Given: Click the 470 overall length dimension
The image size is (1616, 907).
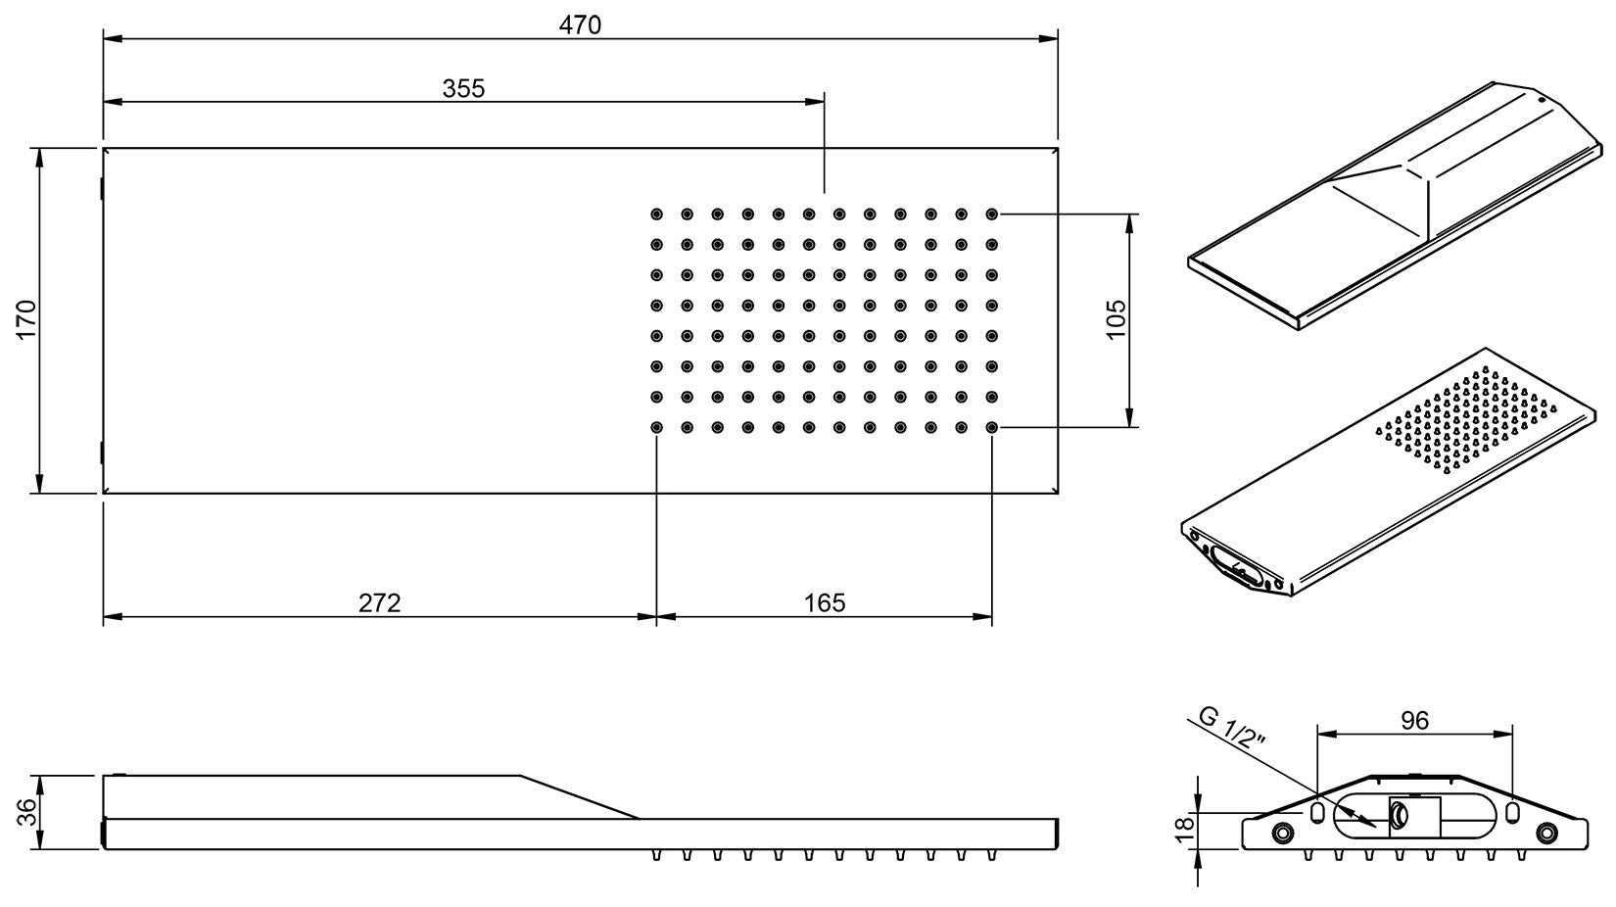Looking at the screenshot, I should coord(580,24).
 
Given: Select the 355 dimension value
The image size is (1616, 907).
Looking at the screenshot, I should coord(463,88).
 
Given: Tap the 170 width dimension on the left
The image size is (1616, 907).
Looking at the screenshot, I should coord(25,319).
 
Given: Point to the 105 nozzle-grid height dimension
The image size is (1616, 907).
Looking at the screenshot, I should coord(1116,319).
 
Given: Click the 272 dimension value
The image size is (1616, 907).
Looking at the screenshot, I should coord(379,602).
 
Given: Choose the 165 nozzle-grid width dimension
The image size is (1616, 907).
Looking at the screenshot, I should coord(825,602).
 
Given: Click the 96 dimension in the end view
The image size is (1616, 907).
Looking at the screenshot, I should coord(1414,721).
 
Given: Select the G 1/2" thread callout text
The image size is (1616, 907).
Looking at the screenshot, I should coord(1232,731).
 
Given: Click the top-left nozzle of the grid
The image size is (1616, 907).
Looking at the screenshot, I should coord(656,214).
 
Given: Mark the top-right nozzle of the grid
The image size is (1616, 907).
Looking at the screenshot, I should coord(992,214).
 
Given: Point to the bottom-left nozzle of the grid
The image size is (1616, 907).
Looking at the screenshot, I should coord(656,427).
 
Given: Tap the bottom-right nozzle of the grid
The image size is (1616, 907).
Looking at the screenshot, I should coord(992,427).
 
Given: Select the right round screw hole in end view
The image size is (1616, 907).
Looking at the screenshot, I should coord(1546,833).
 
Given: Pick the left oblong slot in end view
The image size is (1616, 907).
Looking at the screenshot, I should coord(1317,813).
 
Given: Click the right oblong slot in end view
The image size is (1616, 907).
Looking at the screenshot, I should coord(1512,813).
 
